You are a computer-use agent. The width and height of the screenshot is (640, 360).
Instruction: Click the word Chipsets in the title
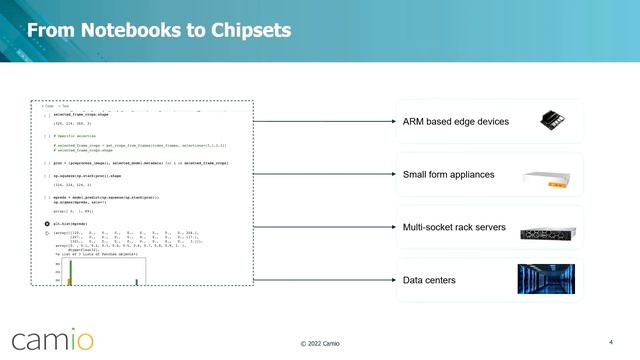247,31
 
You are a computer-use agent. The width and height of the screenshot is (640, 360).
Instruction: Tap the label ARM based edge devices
456,122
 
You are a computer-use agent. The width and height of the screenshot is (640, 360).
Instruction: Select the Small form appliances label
448,175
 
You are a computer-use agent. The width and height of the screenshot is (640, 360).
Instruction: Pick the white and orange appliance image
552,177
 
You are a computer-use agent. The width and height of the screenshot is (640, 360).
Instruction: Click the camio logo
51,338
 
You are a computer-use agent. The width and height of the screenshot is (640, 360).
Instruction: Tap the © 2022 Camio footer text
320,344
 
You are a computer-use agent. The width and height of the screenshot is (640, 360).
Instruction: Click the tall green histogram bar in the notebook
70,273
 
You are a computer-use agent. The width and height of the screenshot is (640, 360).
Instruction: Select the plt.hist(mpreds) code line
70,224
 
